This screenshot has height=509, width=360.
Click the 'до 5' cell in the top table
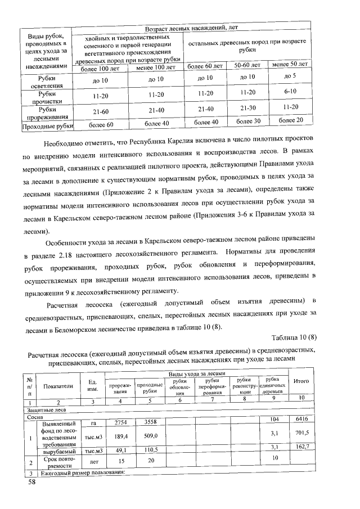(x=290, y=75)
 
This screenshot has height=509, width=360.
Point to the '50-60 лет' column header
(x=247, y=65)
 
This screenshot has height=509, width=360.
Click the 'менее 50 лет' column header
(x=290, y=65)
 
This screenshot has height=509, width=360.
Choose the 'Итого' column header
(x=301, y=381)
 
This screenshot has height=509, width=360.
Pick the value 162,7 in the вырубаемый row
(x=302, y=449)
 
